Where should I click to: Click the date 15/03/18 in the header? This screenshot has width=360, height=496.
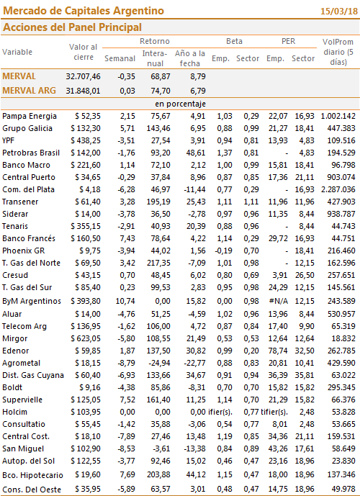pos(339,12)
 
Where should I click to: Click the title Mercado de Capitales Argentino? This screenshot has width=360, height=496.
pos(84,11)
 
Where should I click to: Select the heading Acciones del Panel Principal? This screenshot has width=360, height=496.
pos(72,27)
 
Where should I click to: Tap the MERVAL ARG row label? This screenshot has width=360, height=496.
pos(29,91)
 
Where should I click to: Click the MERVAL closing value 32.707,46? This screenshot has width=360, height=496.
pos(83,76)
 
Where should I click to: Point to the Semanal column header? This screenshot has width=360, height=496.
pos(120,58)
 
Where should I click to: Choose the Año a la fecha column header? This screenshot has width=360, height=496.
pos(190,58)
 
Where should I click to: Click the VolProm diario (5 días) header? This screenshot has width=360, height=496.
pos(338,52)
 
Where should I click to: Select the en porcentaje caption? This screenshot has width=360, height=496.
pos(180,104)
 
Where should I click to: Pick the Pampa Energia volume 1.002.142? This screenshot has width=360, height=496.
pos(338,116)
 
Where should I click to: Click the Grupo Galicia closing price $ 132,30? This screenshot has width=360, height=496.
pos(86,128)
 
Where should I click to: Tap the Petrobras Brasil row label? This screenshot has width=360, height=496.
pos(31,153)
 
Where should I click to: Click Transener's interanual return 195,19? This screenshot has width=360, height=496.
pos(158,202)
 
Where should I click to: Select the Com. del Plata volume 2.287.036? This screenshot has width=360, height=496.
pos(338,189)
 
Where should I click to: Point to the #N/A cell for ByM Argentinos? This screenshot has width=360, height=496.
pos(279,301)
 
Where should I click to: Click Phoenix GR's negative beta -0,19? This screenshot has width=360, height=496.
pos(224,251)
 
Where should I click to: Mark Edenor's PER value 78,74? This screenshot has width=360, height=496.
pos(278,351)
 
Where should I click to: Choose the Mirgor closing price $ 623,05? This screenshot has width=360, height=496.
pos(86,338)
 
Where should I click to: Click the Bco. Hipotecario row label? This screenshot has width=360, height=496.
pos(32,475)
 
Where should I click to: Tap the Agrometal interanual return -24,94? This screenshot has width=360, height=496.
pos(159,363)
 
